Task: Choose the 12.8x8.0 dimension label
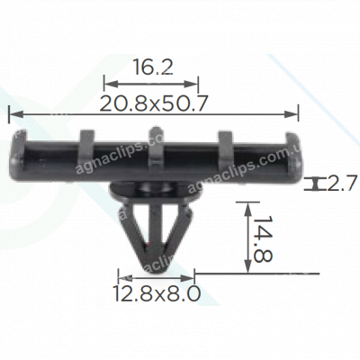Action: coord(156,293)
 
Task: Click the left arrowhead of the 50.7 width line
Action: coord(11,113)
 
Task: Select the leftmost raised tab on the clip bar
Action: coord(85,142)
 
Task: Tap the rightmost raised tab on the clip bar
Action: coord(225,142)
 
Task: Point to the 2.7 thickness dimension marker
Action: coord(318,184)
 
